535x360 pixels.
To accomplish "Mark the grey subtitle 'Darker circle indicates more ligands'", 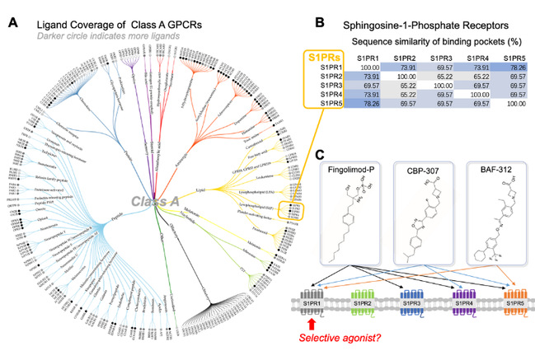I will tap(110, 38).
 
